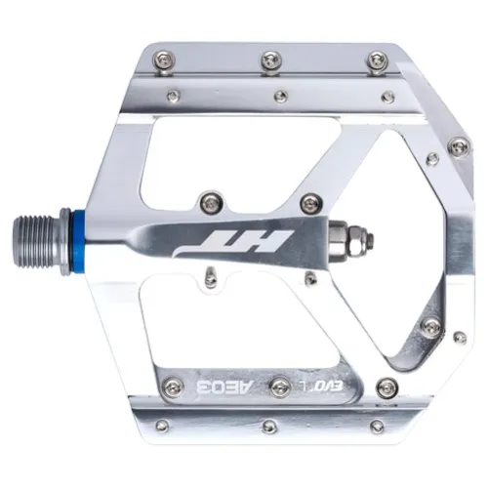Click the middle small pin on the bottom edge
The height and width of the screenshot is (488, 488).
coord(270,426)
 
